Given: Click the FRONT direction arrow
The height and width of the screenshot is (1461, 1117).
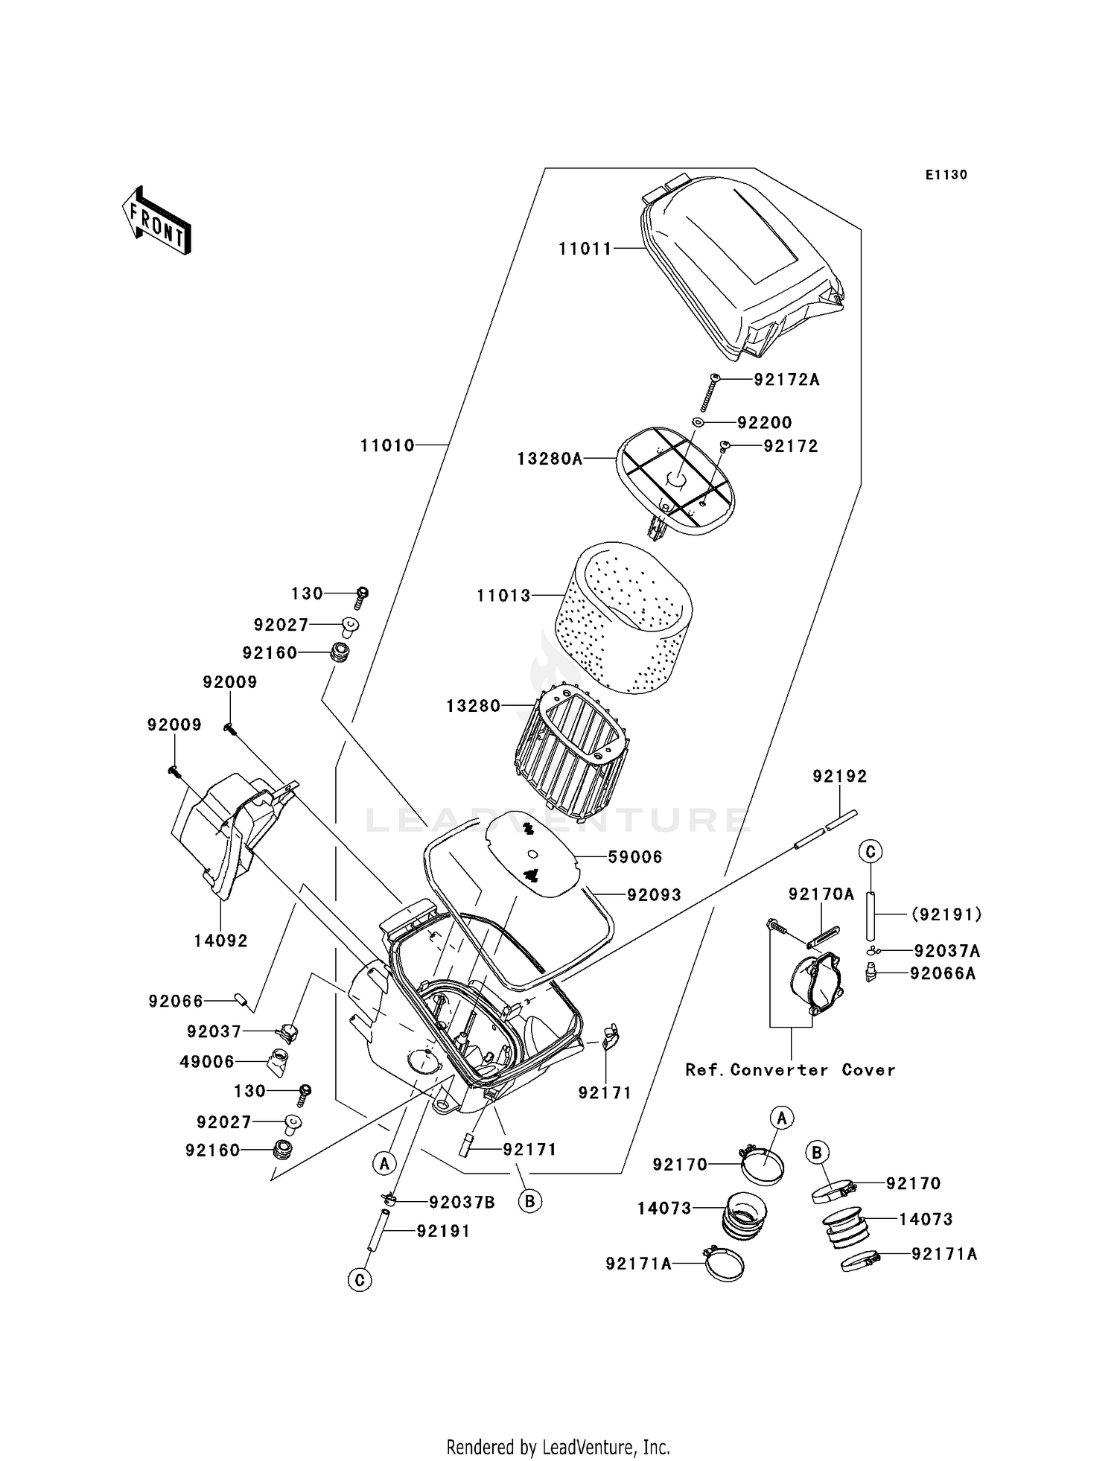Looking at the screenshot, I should pos(157,221).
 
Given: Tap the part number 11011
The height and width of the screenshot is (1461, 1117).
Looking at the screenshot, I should pos(585,249).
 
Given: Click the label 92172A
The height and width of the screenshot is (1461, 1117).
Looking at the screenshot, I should pos(786,380).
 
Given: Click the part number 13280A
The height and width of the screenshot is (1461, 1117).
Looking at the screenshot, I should pos(550,459).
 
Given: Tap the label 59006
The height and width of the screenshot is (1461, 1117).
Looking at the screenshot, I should pos(635,857).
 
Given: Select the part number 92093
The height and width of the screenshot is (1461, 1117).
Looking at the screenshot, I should pos(654,895).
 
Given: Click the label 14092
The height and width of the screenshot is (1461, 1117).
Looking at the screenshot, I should pos(220,941).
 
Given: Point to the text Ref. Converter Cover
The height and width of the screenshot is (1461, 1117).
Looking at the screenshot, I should pos(790,1070).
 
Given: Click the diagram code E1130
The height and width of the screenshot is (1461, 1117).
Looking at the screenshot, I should pos(946,175).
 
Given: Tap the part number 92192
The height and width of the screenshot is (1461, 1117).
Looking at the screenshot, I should pos(840,777).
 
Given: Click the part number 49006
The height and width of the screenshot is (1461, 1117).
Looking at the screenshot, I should pos(207,1062).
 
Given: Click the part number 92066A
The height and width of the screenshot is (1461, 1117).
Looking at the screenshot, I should pos(942,973).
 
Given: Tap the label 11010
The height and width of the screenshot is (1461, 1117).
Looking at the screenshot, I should pos(387,445).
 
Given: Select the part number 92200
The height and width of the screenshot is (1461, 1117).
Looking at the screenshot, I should pos(765,423).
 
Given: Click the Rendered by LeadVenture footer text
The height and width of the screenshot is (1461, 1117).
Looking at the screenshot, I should pos(558,1448).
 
